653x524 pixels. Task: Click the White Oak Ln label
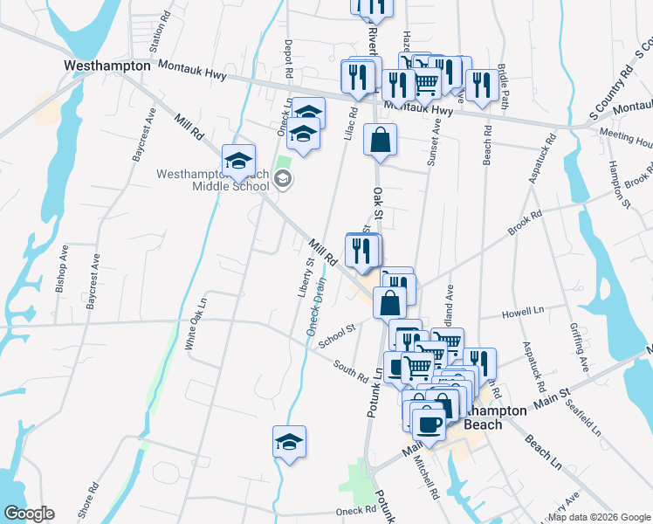pyautogui.click(x=196, y=324)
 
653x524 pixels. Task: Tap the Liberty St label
pyautogui.click(x=306, y=279)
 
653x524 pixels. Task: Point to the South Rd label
pyautogui.click(x=350, y=370)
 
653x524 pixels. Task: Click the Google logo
pyautogui.click(x=28, y=514)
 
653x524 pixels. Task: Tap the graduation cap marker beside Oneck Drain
pyautogui.click(x=289, y=441)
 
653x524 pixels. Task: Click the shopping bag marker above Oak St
pyautogui.click(x=381, y=140)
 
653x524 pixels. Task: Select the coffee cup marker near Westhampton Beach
pyautogui.click(x=428, y=424)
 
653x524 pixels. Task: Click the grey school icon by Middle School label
pyautogui.click(x=282, y=180)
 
